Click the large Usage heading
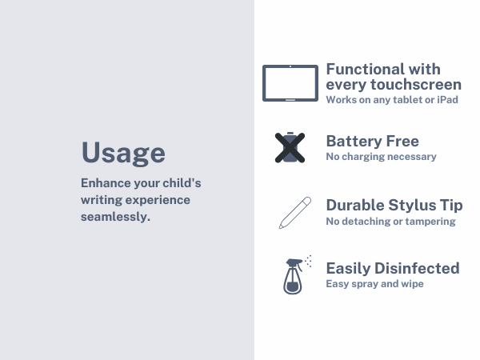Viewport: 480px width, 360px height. [x=123, y=152]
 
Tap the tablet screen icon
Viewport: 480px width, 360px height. [x=290, y=82]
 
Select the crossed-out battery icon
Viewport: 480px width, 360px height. [x=290, y=147]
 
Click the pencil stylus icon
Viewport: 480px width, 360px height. [x=294, y=211]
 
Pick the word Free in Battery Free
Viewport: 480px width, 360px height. [x=403, y=141]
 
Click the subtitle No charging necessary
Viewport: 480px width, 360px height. [x=381, y=157]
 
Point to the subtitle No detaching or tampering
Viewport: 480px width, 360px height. [x=390, y=221]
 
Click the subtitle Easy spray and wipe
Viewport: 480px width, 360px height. [x=374, y=284]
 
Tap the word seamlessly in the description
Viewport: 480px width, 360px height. [x=115, y=217]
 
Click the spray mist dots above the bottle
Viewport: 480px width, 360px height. [x=308, y=260]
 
